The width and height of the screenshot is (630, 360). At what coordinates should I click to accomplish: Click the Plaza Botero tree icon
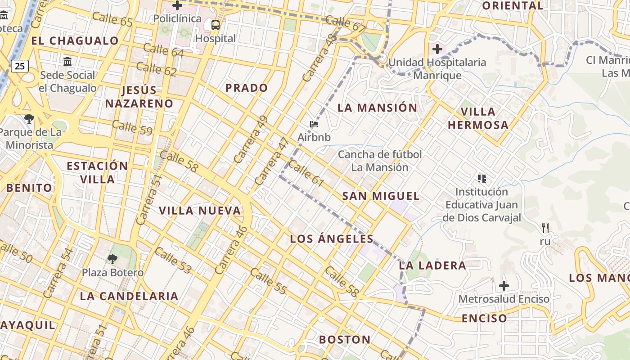(x=112, y=259)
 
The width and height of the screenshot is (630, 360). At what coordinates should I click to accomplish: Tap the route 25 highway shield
(x=20, y=67)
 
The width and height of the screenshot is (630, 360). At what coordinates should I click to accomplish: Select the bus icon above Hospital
(x=216, y=25)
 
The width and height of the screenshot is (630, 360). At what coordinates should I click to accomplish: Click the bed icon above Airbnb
(x=314, y=124)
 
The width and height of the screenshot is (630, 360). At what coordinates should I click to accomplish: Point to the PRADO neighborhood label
(x=247, y=88)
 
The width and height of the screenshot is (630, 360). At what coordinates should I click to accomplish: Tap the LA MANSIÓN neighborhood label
(x=377, y=108)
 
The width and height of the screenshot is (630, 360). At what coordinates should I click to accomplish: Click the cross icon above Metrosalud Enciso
(x=504, y=286)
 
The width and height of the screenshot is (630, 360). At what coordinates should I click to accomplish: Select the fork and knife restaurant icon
(x=545, y=228)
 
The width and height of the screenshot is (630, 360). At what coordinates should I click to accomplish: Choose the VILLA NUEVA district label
(x=200, y=211)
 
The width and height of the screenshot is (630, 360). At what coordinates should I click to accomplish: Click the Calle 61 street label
(x=306, y=174)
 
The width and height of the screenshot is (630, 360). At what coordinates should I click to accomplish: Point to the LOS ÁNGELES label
(x=332, y=239)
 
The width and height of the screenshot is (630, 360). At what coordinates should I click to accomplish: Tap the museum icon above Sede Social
(x=67, y=61)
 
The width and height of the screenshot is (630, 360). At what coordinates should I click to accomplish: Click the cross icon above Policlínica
(x=177, y=6)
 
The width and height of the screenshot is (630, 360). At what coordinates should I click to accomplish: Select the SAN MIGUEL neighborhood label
(x=381, y=196)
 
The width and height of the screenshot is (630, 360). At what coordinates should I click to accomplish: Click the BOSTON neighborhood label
(x=345, y=340)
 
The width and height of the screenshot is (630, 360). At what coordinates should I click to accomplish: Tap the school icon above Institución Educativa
(x=482, y=179)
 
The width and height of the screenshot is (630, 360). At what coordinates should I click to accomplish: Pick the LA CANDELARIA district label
(x=129, y=296)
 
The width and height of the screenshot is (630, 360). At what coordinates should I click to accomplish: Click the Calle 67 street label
(x=346, y=24)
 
